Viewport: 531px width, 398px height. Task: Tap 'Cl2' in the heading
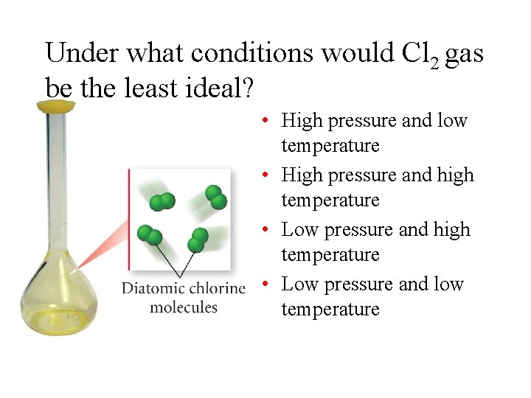422,54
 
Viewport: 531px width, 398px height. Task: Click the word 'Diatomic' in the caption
153,287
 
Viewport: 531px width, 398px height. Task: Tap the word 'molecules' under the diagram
184,306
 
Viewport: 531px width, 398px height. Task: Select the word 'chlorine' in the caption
218,287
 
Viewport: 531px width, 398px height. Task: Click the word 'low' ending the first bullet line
452,120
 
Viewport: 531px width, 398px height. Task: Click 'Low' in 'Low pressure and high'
299,229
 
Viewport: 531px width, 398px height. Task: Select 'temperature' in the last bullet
330,309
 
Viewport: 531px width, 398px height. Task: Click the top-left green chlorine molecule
162,201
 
